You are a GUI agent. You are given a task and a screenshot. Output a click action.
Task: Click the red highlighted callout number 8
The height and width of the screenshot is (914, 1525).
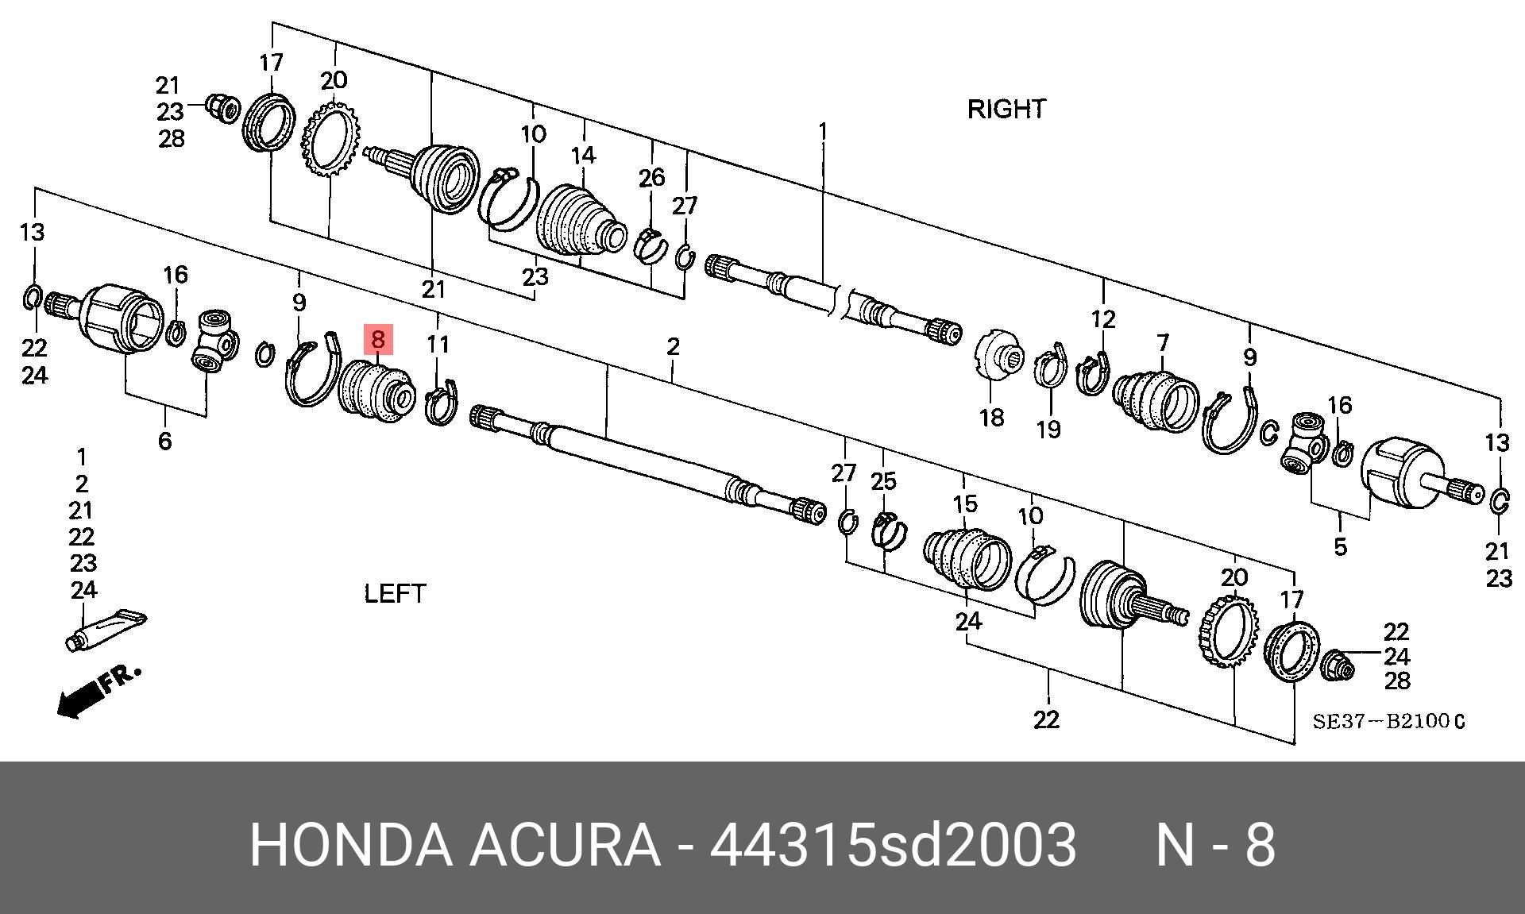pyautogui.click(x=378, y=339)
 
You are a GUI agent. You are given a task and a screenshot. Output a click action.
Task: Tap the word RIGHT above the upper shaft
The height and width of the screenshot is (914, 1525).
pyautogui.click(x=1006, y=109)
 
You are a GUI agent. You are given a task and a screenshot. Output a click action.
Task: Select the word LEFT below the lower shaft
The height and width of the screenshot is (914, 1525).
pyautogui.click(x=395, y=593)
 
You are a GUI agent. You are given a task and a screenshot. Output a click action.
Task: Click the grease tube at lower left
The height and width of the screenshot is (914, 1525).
pyautogui.click(x=106, y=630)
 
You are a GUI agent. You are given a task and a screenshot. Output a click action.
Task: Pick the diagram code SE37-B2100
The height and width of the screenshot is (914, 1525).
pyautogui.click(x=1388, y=722)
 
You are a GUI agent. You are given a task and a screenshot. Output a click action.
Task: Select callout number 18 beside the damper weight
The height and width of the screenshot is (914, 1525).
pyautogui.click(x=991, y=417)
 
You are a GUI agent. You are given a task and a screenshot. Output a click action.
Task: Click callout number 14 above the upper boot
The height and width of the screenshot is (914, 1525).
pyautogui.click(x=583, y=155)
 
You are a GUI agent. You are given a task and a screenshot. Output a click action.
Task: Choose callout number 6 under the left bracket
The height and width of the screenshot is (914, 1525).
pyautogui.click(x=164, y=441)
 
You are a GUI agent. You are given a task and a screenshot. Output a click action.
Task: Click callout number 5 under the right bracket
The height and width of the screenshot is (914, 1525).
pyautogui.click(x=1340, y=546)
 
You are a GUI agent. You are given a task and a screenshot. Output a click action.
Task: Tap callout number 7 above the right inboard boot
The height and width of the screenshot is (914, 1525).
pyautogui.click(x=1163, y=343)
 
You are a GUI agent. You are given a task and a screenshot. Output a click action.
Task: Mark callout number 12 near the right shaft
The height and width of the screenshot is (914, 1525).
pyautogui.click(x=1103, y=319)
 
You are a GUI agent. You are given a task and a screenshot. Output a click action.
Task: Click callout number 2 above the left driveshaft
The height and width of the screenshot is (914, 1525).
pyautogui.click(x=673, y=346)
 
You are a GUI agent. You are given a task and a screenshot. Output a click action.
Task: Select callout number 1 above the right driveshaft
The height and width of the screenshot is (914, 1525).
pyautogui.click(x=823, y=131)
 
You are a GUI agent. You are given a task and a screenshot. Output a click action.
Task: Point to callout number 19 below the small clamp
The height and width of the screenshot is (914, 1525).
pyautogui.click(x=1048, y=430)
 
